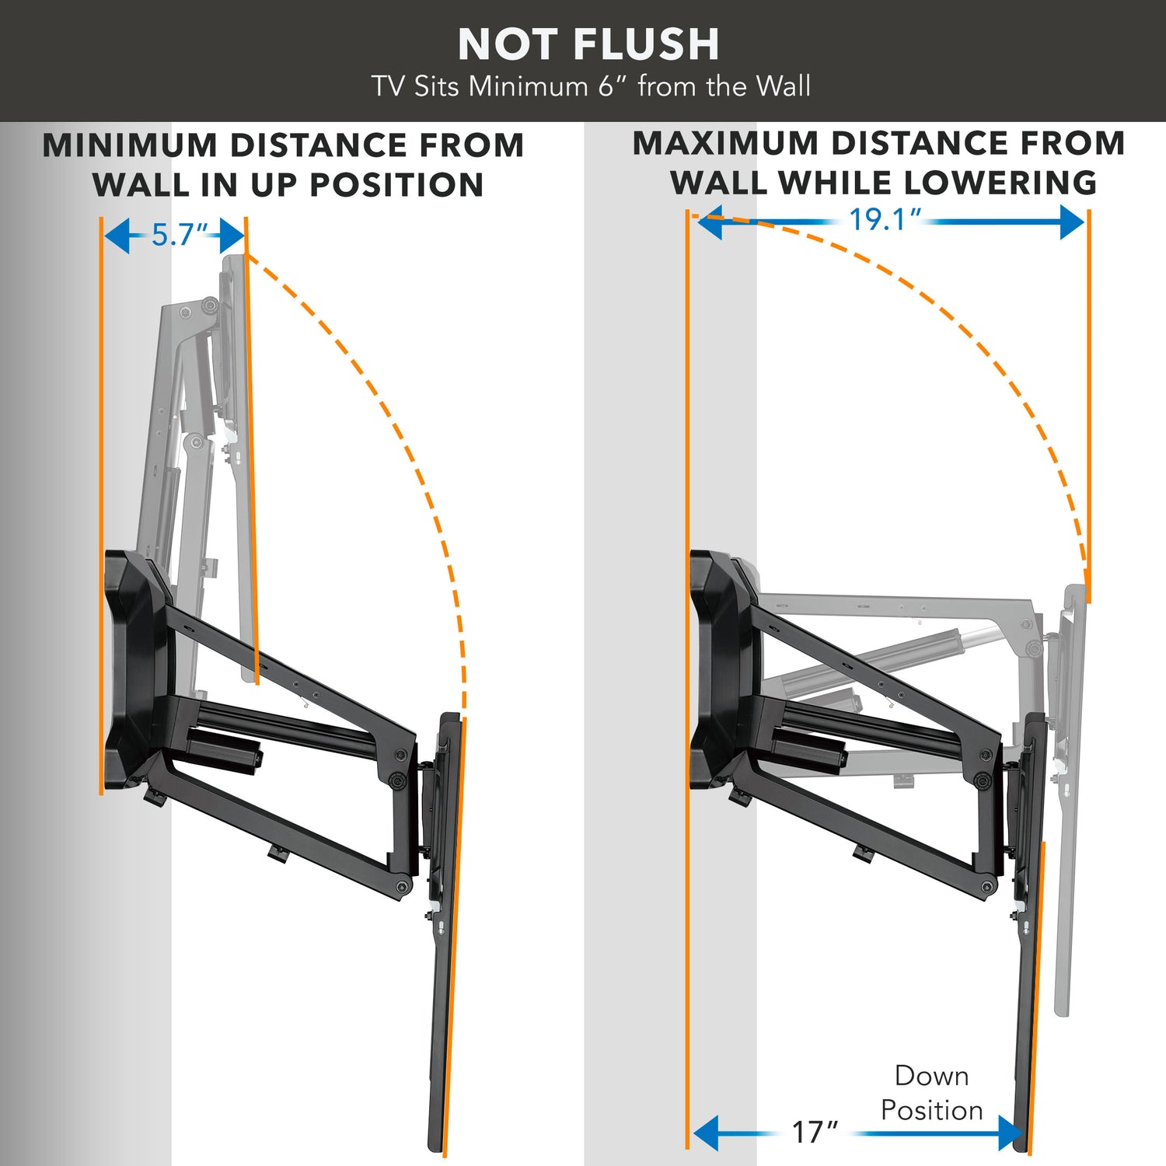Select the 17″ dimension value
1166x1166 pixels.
point(814,1132)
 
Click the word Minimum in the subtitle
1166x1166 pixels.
point(528,86)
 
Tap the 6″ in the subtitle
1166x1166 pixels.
point(611,86)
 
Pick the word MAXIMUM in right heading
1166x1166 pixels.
point(726,144)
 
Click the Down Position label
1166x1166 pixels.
point(931,1093)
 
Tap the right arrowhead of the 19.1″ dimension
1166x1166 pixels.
point(1073,222)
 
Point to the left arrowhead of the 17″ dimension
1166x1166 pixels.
point(706,1133)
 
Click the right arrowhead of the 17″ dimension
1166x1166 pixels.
point(1011,1133)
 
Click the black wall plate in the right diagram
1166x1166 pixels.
point(719,669)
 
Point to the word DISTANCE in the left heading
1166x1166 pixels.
point(319,145)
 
